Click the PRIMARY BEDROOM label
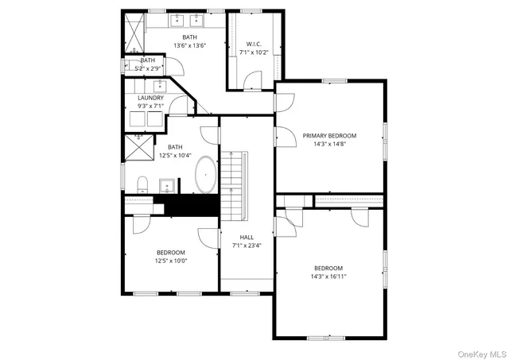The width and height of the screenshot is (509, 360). (x=329, y=136)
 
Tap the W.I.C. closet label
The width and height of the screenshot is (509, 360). (x=254, y=45)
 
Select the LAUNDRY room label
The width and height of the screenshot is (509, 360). (x=150, y=98)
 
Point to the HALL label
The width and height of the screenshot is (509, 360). (x=247, y=237)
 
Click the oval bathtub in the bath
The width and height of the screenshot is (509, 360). (x=206, y=174)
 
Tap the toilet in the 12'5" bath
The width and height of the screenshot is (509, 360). (x=142, y=185)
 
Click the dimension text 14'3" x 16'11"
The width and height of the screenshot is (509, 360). (x=328, y=277)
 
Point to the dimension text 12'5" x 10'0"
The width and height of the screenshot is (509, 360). (x=170, y=261)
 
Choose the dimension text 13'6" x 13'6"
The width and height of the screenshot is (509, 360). (x=189, y=45)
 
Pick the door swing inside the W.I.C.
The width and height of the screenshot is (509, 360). (x=252, y=79)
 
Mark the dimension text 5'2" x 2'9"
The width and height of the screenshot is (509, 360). (x=148, y=68)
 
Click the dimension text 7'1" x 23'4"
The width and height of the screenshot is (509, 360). (x=247, y=246)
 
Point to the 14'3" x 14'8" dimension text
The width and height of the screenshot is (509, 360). (x=329, y=145)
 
